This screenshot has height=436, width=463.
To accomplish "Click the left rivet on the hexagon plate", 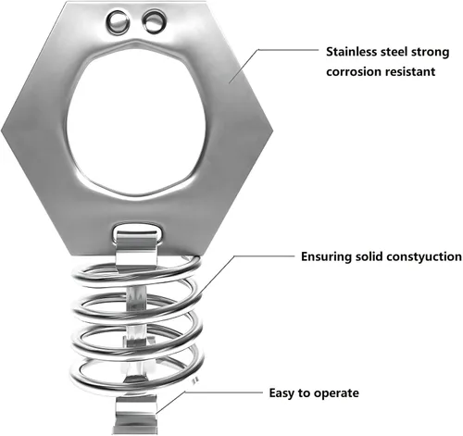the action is (x=118, y=21).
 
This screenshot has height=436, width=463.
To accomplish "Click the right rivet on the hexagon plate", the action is (x=154, y=21).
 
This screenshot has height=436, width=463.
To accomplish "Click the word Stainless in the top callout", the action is (x=352, y=52).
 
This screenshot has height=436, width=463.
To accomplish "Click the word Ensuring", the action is (x=326, y=257).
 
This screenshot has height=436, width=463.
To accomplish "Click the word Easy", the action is (x=282, y=393).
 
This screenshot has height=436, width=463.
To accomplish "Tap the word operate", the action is (x=336, y=394).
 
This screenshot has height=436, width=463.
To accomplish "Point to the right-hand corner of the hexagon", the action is (x=273, y=130).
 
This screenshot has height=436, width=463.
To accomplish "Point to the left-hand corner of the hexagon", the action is (x=1, y=131).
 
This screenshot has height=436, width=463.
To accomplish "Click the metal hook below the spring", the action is (x=135, y=415).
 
